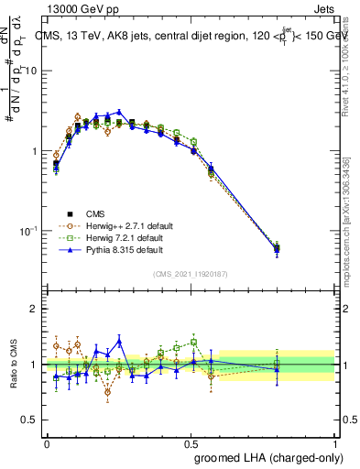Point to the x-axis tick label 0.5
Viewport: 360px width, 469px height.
tap(191, 442)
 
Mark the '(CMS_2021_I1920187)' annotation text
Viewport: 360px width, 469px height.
tap(190, 274)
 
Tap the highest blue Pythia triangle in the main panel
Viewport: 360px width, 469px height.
tap(119, 112)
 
